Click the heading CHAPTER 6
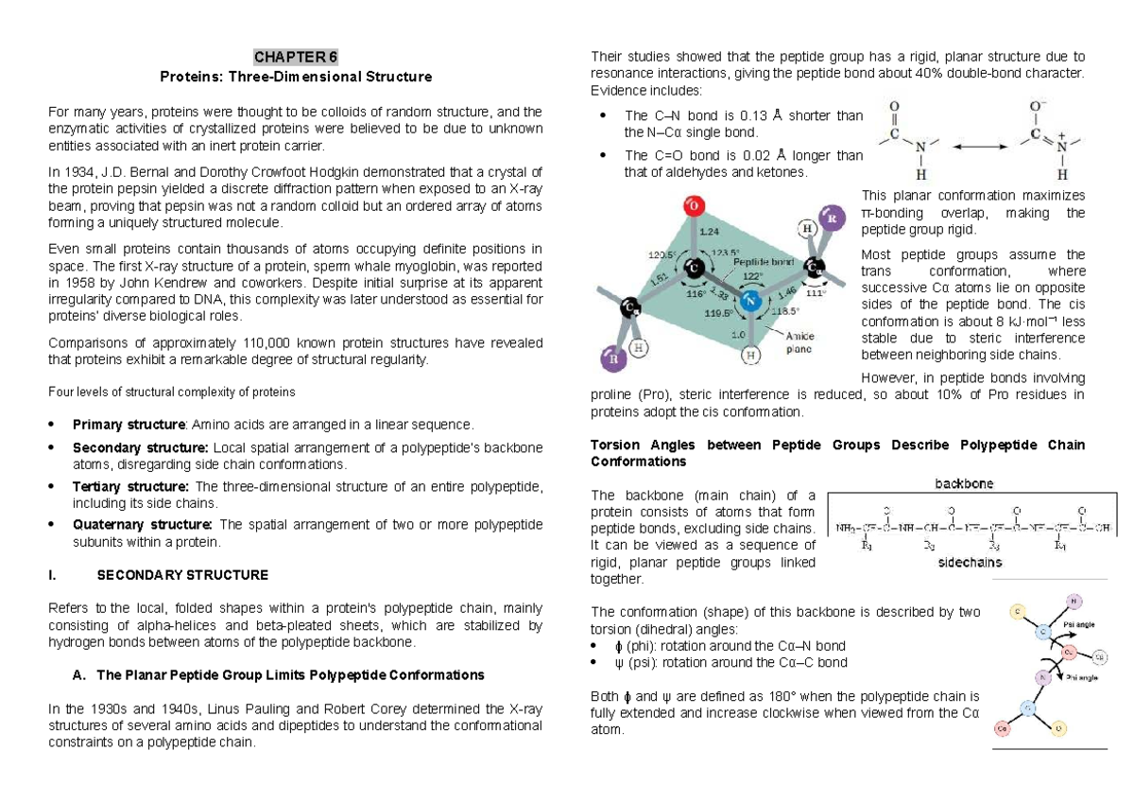coord(295,56)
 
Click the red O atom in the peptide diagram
coord(694,206)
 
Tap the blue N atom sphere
coord(750,301)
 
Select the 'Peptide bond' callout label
coord(767,260)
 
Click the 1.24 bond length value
coord(711,230)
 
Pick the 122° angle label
coord(754,276)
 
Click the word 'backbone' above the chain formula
coord(964,483)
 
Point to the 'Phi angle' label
coord(1080,676)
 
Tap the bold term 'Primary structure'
coord(128,425)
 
